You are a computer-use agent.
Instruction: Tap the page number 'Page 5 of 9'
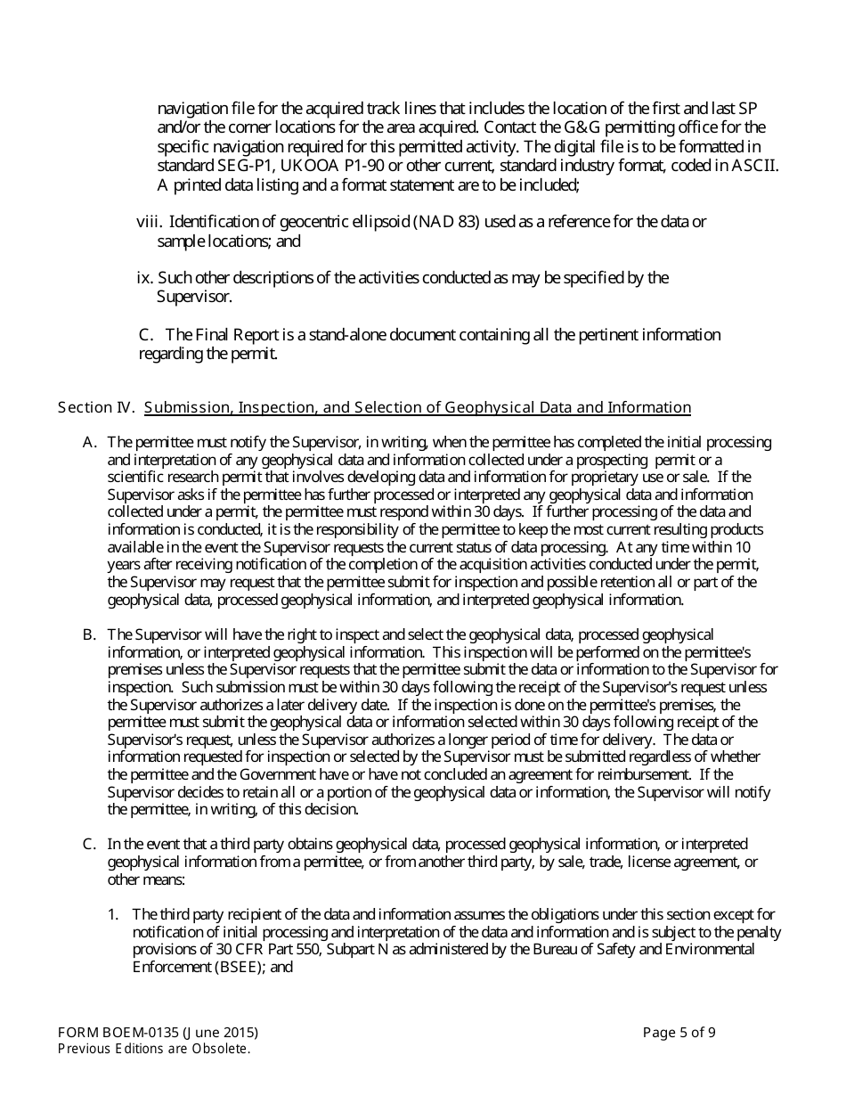point(679,1033)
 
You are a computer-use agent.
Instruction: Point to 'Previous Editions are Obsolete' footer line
point(153,1049)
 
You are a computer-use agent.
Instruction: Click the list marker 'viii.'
point(149,221)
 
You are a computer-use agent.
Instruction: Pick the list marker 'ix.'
point(144,278)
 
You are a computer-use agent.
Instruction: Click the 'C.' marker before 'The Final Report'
point(147,335)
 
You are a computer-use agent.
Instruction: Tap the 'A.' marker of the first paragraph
point(89,442)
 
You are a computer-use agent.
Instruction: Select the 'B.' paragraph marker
point(89,634)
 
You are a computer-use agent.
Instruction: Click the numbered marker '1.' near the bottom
point(113,914)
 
